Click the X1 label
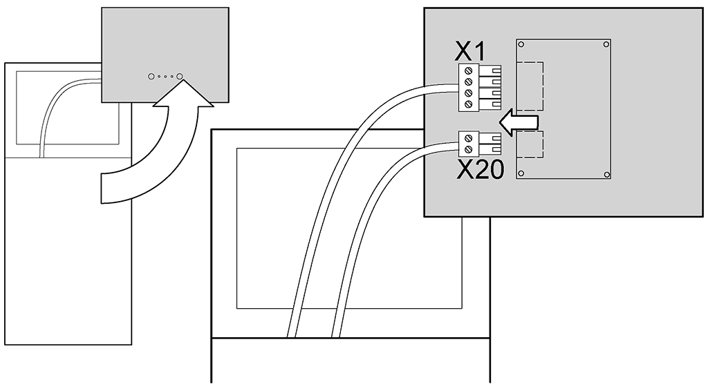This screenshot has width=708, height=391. click(x=470, y=53)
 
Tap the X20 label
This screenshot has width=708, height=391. click(x=480, y=171)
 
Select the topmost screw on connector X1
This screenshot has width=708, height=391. click(x=468, y=70)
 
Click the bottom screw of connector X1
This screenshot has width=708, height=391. click(x=468, y=104)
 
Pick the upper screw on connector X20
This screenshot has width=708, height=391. click(x=468, y=138)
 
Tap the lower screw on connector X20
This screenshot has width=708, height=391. click(x=468, y=149)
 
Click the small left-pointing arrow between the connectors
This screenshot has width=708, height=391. click(x=519, y=122)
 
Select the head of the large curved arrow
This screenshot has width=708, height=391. click(x=183, y=94)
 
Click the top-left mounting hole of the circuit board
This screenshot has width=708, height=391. click(x=521, y=44)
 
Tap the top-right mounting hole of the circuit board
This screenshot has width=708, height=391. click(x=606, y=44)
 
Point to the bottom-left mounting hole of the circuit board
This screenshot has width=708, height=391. click(x=521, y=173)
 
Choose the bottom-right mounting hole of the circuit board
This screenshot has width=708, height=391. click(x=606, y=173)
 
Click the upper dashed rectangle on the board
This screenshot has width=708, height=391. click(x=530, y=86)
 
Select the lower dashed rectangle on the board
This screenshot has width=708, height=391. click(x=530, y=144)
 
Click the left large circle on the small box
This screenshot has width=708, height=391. click(x=151, y=77)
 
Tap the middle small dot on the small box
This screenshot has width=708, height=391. click(x=165, y=77)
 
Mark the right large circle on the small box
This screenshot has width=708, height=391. click(x=179, y=77)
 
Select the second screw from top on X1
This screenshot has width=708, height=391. click(x=468, y=82)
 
